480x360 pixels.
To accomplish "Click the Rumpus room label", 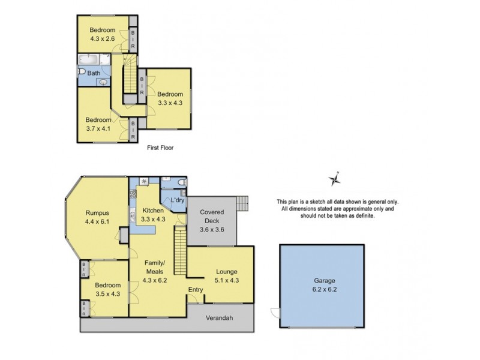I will [x=97, y=211].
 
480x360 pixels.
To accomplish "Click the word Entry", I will [x=196, y=290].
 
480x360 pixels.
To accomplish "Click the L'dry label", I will [x=178, y=200].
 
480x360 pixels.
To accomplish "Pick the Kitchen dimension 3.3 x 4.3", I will [x=153, y=220].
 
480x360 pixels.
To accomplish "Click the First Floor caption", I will [x=160, y=147].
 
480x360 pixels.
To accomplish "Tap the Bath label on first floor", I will [x=94, y=73].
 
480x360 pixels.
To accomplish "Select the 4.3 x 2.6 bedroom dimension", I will [x=103, y=39].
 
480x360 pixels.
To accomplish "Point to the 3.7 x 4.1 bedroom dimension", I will [x=97, y=128].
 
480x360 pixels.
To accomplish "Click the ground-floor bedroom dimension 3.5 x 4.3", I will [x=107, y=294].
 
